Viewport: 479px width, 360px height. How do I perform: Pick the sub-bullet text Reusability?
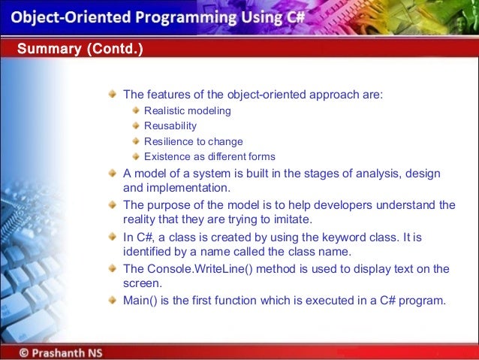pos(170,126)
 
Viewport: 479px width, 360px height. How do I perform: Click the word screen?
pos(142,283)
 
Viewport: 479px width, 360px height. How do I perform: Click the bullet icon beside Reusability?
pos(136,126)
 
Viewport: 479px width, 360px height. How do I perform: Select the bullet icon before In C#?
pos(112,237)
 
